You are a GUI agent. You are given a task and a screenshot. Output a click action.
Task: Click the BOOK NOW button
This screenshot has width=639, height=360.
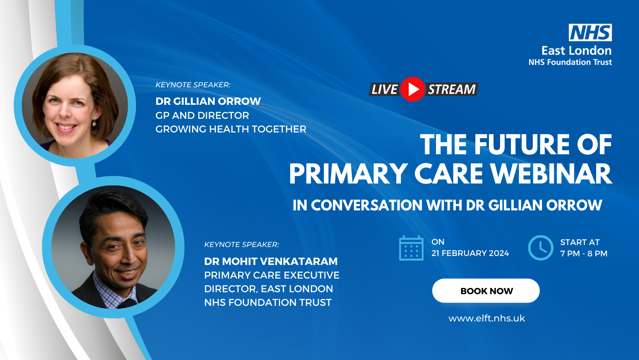click(x=486, y=291)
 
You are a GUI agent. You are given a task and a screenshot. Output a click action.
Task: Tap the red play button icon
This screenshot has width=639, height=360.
click(x=413, y=89)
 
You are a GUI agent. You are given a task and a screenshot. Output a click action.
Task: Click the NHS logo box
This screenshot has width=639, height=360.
click(x=590, y=32)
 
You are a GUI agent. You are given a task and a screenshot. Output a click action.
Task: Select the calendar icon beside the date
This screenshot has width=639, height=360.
click(x=411, y=248)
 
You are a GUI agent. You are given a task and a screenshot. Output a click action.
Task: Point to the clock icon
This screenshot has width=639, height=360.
click(x=540, y=248)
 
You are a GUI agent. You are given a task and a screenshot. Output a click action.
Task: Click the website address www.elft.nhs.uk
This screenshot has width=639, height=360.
click(x=486, y=318)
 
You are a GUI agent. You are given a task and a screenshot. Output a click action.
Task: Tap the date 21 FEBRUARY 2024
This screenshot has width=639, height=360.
click(x=470, y=253)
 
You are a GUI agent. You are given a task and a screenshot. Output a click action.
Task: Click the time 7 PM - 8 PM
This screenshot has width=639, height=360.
click(x=584, y=253)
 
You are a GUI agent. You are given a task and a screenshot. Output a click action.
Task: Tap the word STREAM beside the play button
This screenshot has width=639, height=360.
click(x=452, y=89)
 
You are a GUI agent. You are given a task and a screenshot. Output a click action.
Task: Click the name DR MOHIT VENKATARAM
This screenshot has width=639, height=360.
click(x=271, y=261)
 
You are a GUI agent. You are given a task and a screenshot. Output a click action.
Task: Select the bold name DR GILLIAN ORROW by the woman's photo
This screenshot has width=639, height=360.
click(x=208, y=101)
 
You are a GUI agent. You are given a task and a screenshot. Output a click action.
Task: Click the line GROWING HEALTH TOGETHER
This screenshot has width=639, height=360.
click(x=231, y=129)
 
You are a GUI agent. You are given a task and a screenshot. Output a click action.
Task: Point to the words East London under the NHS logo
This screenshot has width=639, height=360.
click(x=576, y=51)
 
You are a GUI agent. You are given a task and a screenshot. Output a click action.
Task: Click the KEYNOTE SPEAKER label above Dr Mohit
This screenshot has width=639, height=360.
click(x=241, y=244)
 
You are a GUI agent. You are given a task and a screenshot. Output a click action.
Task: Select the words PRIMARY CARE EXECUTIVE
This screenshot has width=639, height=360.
click(x=272, y=275)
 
